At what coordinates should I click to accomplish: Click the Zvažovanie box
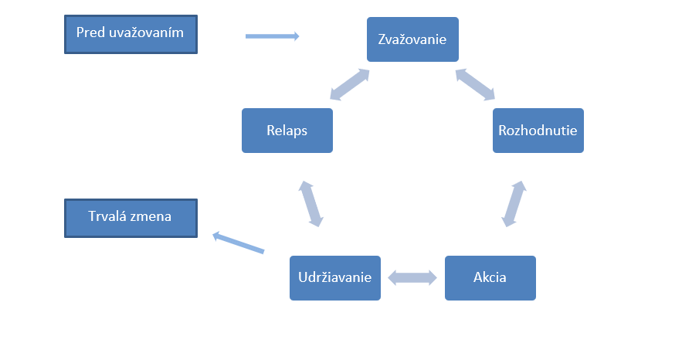click(412, 39)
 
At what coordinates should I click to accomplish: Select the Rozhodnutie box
click(538, 130)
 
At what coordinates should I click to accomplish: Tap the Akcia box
click(490, 277)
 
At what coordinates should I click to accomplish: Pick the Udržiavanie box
click(335, 277)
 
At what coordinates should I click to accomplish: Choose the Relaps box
click(287, 130)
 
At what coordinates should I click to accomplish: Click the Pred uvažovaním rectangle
click(131, 34)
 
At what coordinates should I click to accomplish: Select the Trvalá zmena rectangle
click(131, 218)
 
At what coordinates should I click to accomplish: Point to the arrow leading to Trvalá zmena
click(239, 243)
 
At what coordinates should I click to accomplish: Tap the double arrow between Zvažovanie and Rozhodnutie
click(475, 84)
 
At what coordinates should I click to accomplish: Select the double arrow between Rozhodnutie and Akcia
click(514, 204)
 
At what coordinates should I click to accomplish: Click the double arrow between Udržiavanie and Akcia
click(412, 277)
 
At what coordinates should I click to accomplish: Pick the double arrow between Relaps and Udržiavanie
click(310, 204)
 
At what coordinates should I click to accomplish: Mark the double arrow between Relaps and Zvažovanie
click(349, 85)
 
